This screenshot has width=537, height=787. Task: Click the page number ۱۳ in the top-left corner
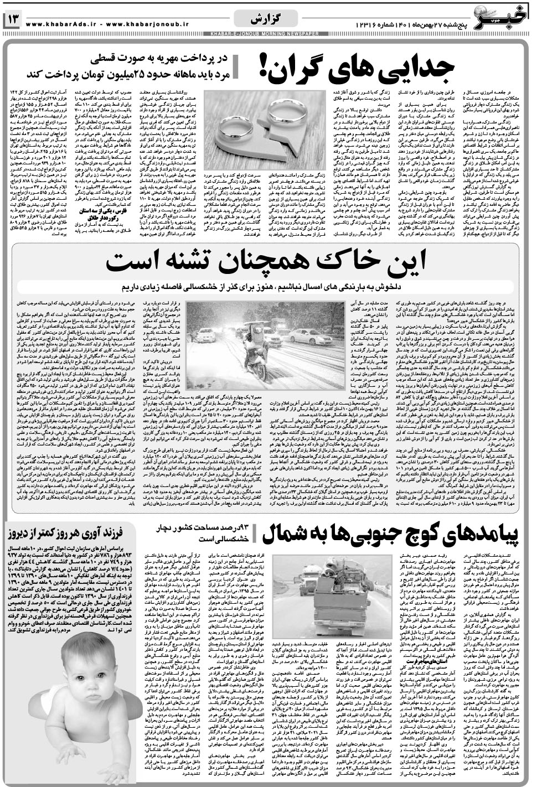(x=13, y=20)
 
